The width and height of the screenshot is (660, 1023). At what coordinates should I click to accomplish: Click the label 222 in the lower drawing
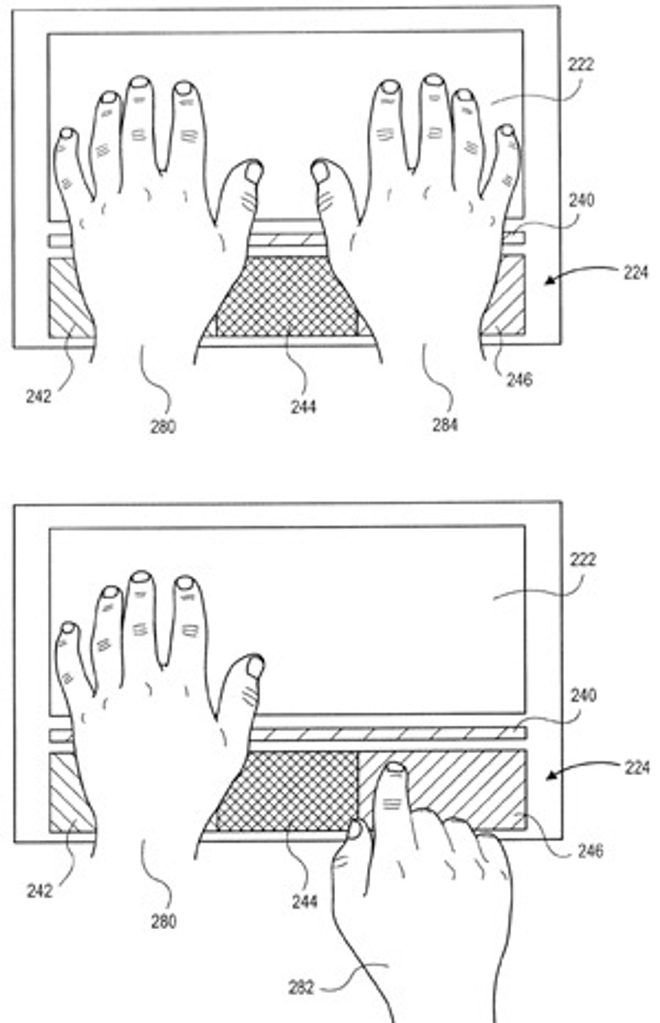click(582, 559)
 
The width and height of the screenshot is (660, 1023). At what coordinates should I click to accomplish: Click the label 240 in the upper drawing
click(581, 200)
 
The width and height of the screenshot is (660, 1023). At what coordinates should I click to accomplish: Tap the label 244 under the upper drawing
click(304, 406)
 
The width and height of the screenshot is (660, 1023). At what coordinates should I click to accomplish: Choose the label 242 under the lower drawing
click(39, 891)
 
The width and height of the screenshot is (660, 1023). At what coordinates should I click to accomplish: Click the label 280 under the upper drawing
click(163, 427)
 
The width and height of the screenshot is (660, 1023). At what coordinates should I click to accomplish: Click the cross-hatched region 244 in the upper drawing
click(286, 296)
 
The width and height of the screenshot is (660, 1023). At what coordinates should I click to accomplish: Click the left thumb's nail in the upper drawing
click(254, 172)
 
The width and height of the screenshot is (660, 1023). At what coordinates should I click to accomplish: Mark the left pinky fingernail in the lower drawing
click(68, 628)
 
